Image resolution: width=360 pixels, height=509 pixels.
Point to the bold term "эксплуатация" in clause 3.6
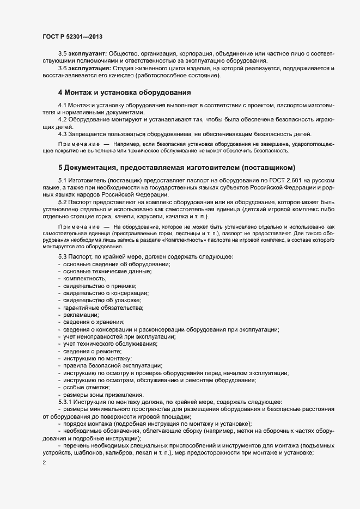tap(88, 68)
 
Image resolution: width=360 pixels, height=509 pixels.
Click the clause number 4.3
tap(63, 134)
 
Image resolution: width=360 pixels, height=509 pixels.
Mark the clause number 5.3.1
tap(65, 401)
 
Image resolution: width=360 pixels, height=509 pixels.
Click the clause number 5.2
tap(63, 202)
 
